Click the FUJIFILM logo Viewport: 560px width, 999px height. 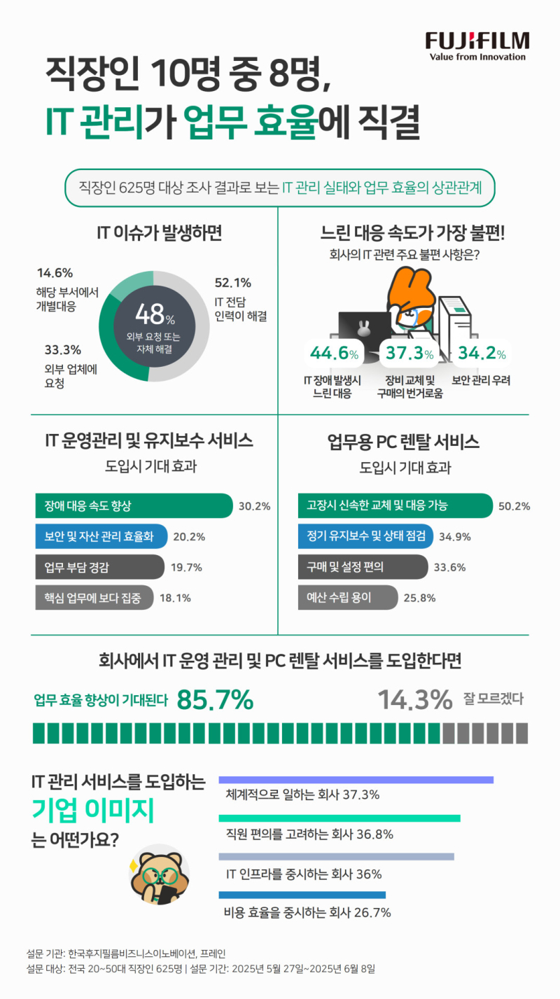tap(477, 45)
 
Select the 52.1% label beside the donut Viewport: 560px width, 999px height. tap(232, 284)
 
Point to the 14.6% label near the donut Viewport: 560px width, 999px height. tap(55, 273)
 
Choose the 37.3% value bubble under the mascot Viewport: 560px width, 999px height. tap(409, 354)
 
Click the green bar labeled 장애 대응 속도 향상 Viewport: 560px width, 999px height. tap(133, 505)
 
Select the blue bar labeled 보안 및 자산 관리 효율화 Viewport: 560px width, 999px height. tap(100, 537)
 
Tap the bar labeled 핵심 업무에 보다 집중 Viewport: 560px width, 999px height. tap(94, 597)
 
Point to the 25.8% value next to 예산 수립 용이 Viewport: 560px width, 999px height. tap(420, 597)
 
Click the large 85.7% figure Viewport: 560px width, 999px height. tap(215, 699)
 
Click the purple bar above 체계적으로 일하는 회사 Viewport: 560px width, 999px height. tap(356, 779)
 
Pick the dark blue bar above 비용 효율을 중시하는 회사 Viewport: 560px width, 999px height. tap(302, 895)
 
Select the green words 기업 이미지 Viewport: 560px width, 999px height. tap(93, 811)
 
